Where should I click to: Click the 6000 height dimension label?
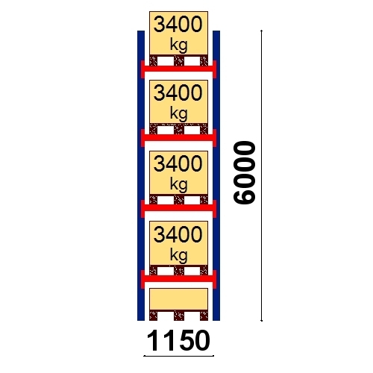coord(245,173)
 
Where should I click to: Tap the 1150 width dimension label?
coord(178,340)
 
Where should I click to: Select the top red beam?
coord(178,69)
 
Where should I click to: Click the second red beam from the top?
coord(178,137)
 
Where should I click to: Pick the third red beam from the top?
coord(178,207)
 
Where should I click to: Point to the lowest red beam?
coord(178,278)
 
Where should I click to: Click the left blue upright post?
coord(141,175)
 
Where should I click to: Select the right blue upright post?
coord(216,175)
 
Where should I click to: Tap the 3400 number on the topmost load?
coord(178,24)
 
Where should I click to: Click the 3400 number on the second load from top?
coord(178,93)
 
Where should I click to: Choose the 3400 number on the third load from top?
coord(178,163)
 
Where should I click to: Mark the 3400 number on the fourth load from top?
coord(178,234)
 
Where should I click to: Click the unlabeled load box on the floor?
coord(178,299)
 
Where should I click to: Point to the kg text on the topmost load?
coord(178,46)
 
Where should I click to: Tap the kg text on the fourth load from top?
coord(178,255)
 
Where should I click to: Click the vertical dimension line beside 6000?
coord(261,175)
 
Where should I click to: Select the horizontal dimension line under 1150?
coord(178,356)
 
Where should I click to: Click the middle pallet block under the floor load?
coord(179,315)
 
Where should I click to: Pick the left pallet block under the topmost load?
coord(154,61)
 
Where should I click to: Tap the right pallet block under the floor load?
coord(204,315)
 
